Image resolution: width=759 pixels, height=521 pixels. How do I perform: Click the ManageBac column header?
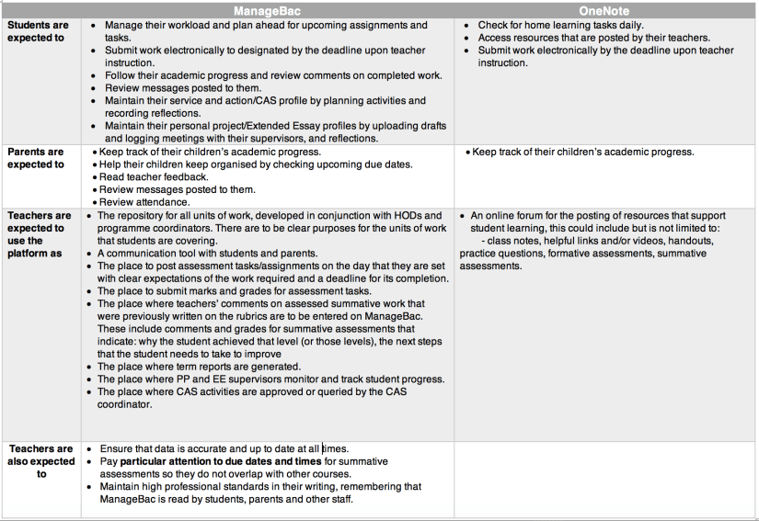[x=268, y=10]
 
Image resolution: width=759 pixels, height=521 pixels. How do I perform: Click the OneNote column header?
[x=604, y=10]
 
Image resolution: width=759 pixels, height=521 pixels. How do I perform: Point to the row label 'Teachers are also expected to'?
[x=40, y=461]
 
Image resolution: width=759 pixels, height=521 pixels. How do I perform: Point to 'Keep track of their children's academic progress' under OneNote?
[x=582, y=152]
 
